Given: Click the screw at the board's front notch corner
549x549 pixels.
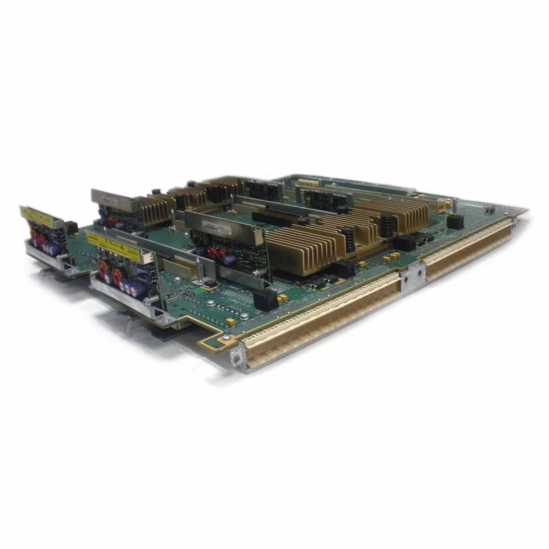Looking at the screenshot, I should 226,338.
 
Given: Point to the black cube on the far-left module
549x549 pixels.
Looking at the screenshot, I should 70,227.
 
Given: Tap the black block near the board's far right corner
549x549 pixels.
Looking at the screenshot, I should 453,222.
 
